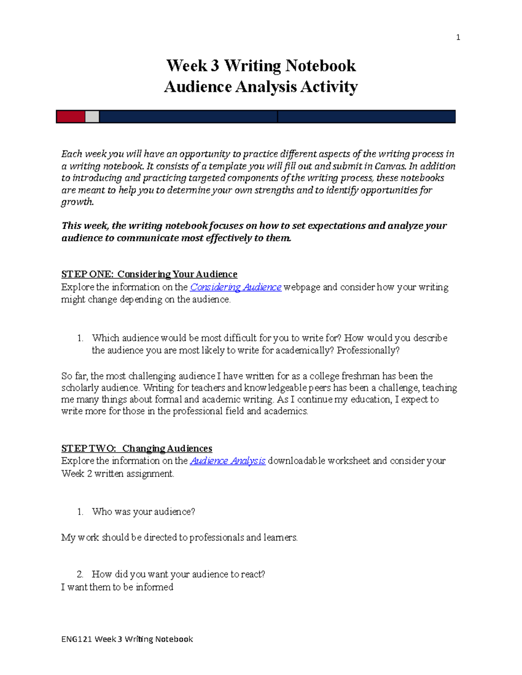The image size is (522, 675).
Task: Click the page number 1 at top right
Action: (458, 37)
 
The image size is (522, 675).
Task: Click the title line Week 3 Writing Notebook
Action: (261, 66)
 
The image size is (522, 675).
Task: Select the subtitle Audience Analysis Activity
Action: (261, 86)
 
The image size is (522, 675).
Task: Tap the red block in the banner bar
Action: (70, 116)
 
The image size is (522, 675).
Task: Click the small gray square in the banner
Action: (92, 116)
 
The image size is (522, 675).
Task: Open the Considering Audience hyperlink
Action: (236, 287)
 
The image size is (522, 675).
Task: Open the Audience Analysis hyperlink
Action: (228, 461)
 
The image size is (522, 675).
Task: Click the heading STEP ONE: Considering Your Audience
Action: (149, 274)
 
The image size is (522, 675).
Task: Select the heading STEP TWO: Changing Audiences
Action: (137, 448)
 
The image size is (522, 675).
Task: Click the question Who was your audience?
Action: (144, 512)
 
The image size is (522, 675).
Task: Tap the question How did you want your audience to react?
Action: (178, 574)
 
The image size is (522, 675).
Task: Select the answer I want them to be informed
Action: (117, 587)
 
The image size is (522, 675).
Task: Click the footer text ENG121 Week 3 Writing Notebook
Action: (127, 639)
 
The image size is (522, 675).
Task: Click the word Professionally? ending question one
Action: (368, 350)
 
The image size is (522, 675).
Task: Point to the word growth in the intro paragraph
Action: (77, 202)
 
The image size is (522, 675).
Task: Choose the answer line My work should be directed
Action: (179, 538)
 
